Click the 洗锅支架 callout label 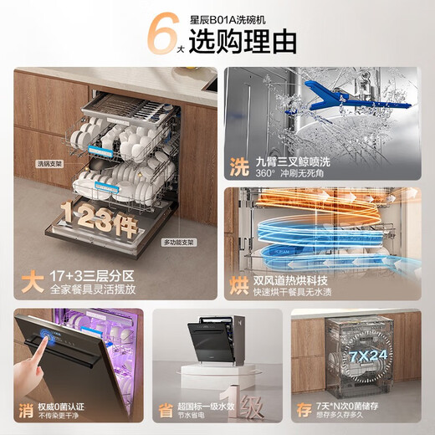click(49, 163)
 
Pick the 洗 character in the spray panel click(239, 166)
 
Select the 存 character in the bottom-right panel click(303, 409)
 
